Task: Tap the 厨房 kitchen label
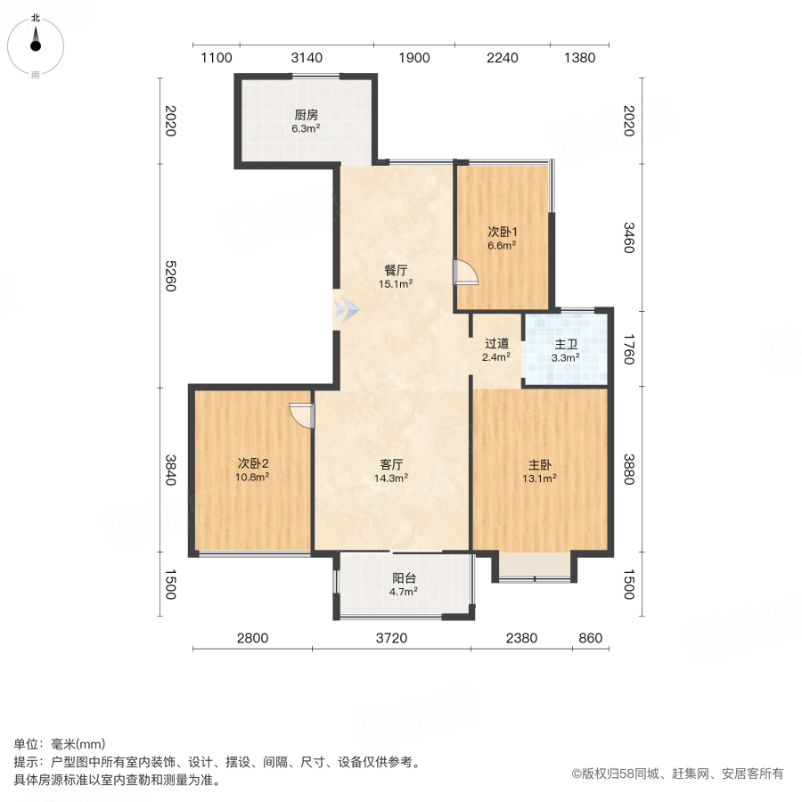click(x=306, y=115)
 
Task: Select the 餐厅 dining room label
click(x=397, y=270)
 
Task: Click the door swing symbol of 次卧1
click(x=465, y=272)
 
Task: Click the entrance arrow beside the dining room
click(x=347, y=309)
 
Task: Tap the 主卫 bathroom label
click(x=565, y=343)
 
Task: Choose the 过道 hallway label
click(x=496, y=343)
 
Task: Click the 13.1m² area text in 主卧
click(x=540, y=478)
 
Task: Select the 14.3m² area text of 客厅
click(x=392, y=478)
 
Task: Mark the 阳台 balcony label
click(x=404, y=577)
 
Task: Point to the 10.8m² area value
click(x=252, y=477)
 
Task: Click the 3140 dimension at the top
click(x=307, y=58)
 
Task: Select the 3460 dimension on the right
click(x=627, y=236)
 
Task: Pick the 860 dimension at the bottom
click(x=590, y=638)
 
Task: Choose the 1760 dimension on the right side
click(x=627, y=348)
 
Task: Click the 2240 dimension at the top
click(x=502, y=58)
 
